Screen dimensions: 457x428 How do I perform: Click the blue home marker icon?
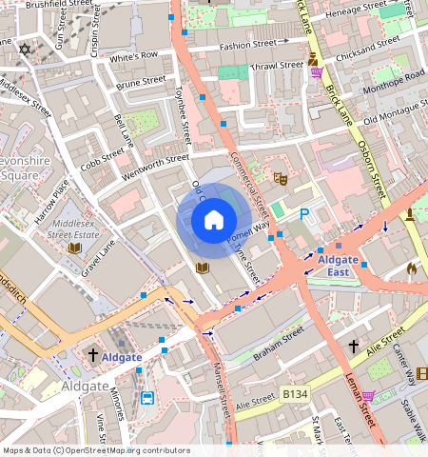click(214, 220)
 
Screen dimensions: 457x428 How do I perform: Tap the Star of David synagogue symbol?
click(24, 49)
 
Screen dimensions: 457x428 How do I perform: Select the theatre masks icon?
click(281, 178)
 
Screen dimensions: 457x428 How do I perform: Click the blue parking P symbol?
click(305, 215)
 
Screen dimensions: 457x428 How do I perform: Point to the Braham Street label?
click(279, 338)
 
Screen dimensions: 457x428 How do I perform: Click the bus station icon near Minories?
click(147, 398)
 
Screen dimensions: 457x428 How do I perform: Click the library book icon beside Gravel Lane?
click(74, 248)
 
